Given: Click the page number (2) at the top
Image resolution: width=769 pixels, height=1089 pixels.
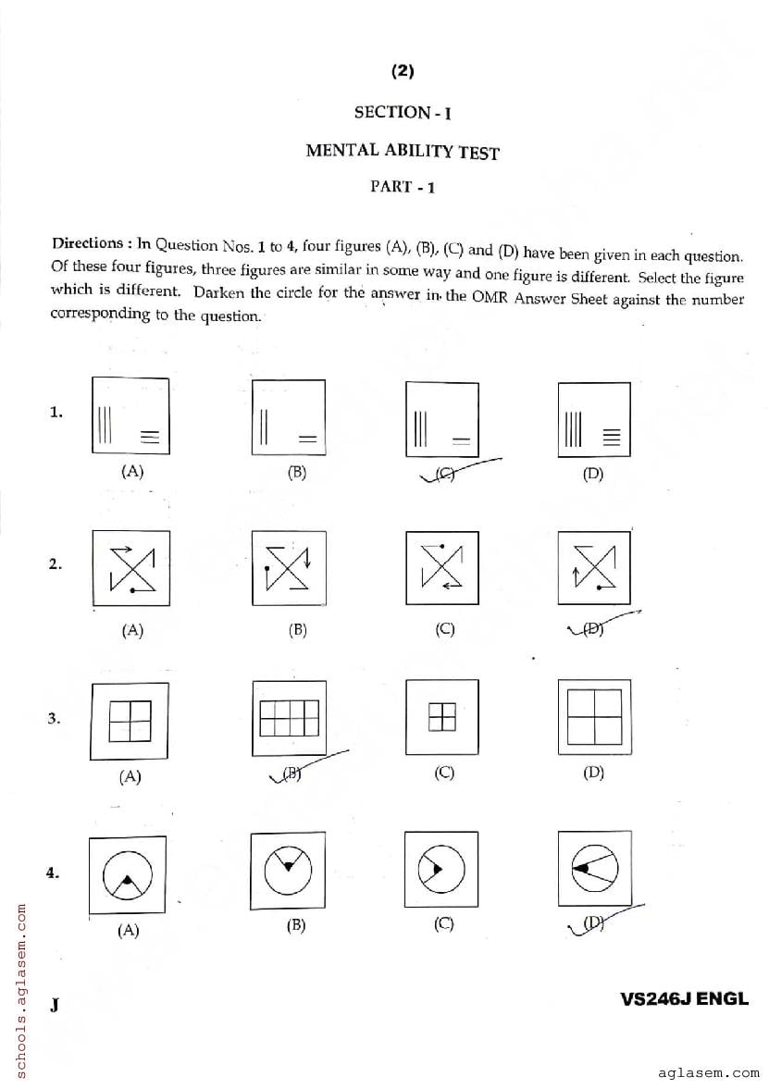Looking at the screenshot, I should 403,71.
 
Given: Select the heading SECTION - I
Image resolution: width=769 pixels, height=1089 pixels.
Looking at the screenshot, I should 403,113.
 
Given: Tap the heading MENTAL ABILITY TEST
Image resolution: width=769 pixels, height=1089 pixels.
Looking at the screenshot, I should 403,150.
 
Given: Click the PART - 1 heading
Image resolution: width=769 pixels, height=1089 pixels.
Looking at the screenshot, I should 403,186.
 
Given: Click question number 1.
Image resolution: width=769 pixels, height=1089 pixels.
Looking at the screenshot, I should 56,413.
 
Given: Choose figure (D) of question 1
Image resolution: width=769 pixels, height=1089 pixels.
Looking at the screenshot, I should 593,418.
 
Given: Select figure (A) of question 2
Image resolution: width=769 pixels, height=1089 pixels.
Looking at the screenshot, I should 130,567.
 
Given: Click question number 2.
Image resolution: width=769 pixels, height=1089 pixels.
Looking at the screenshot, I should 56,564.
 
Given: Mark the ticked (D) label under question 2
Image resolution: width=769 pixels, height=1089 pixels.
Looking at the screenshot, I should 594,629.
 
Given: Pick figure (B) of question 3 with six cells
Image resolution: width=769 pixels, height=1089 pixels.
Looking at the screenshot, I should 289,718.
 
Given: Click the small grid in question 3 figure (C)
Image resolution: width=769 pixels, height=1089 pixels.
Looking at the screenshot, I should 441,717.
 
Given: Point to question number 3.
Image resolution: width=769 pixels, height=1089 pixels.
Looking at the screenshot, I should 56,718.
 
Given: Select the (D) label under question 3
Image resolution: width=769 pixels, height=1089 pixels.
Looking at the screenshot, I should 593,773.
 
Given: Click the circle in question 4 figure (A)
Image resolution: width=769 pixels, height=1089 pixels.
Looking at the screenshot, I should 127,874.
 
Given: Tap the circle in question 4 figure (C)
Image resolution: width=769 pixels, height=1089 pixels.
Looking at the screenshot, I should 440,869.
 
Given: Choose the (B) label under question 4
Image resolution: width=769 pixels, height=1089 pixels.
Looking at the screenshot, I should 296,925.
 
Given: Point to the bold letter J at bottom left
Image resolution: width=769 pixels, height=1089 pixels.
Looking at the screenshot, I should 56,1004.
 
